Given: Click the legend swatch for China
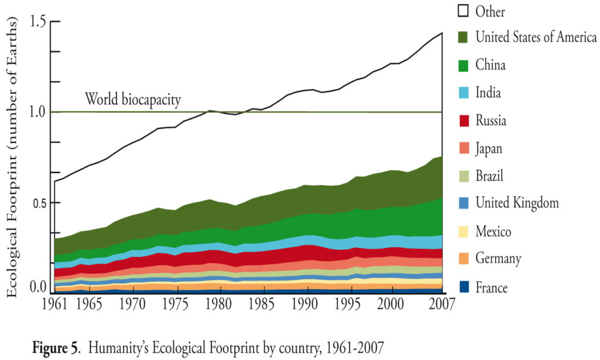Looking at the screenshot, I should pyautogui.click(x=463, y=65).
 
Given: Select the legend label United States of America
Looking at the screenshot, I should pyautogui.click(x=536, y=38).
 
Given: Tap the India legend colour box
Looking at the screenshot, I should pyautogui.click(x=463, y=93).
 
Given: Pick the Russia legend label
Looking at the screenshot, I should pyautogui.click(x=490, y=121).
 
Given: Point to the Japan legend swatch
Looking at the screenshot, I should pyautogui.click(x=463, y=148).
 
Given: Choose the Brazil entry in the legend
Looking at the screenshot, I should pyautogui.click(x=489, y=176).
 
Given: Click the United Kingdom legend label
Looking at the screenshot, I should pyautogui.click(x=517, y=203).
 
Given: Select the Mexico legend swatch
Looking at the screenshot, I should pyautogui.click(x=463, y=232).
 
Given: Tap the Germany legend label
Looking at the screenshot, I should pyautogui.click(x=498, y=259).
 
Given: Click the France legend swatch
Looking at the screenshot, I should pyautogui.click(x=463, y=287).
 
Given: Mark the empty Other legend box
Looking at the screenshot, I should pyautogui.click(x=463, y=11).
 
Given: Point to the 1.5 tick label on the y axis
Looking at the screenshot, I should pyautogui.click(x=37, y=22).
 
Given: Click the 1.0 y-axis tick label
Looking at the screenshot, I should pyautogui.click(x=37, y=111).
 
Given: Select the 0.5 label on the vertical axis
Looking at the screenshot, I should pyautogui.click(x=37, y=202).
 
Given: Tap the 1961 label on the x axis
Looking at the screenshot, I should pyautogui.click(x=54, y=305).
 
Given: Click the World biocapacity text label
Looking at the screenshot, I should pyautogui.click(x=133, y=99).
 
